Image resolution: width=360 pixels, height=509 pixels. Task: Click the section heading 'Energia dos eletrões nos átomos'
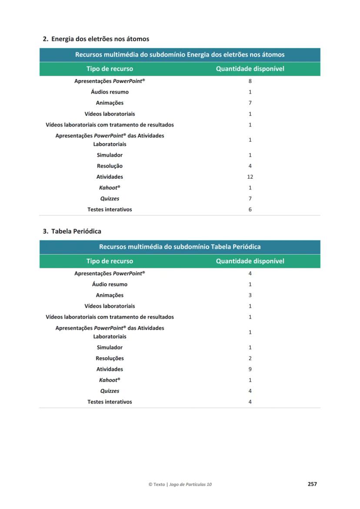(x=100, y=39)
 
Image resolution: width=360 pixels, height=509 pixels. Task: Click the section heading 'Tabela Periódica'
(x=76, y=231)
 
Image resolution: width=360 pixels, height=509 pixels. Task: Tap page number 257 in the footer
(x=312, y=484)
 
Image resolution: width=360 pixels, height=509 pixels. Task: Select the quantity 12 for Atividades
(x=250, y=177)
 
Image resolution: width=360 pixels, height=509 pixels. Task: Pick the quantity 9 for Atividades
(x=250, y=369)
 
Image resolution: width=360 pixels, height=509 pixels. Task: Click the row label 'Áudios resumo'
(x=110, y=92)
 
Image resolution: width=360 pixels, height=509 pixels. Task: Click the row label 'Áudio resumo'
(x=110, y=284)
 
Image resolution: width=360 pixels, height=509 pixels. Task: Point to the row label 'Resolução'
(x=110, y=166)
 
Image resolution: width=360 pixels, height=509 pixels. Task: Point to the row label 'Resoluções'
(x=110, y=358)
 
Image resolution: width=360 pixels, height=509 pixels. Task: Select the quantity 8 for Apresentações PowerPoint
(x=250, y=81)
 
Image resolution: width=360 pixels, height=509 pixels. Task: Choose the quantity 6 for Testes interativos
(x=250, y=210)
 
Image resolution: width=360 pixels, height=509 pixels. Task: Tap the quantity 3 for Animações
(x=250, y=295)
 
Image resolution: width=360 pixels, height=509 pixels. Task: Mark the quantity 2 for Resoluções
(x=250, y=358)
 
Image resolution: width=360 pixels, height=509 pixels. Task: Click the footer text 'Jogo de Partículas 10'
(x=190, y=484)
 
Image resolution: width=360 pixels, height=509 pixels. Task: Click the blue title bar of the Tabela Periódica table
(x=180, y=247)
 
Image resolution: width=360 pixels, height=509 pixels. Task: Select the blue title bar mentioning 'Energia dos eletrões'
(x=180, y=55)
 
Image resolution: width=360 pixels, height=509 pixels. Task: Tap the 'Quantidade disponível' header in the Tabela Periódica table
(x=250, y=261)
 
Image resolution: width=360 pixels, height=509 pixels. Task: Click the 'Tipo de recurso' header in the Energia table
(x=110, y=69)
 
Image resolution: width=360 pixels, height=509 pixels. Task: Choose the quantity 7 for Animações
(x=250, y=103)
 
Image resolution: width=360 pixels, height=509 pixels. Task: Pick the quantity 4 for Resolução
(x=250, y=166)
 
